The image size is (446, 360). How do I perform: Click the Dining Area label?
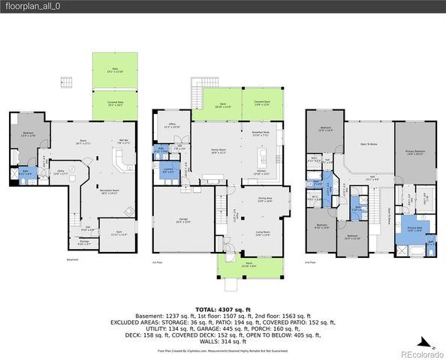[x=264, y=200]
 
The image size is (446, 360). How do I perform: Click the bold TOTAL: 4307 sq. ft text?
[x=223, y=309]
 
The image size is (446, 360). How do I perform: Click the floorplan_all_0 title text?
[x=29, y=6]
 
